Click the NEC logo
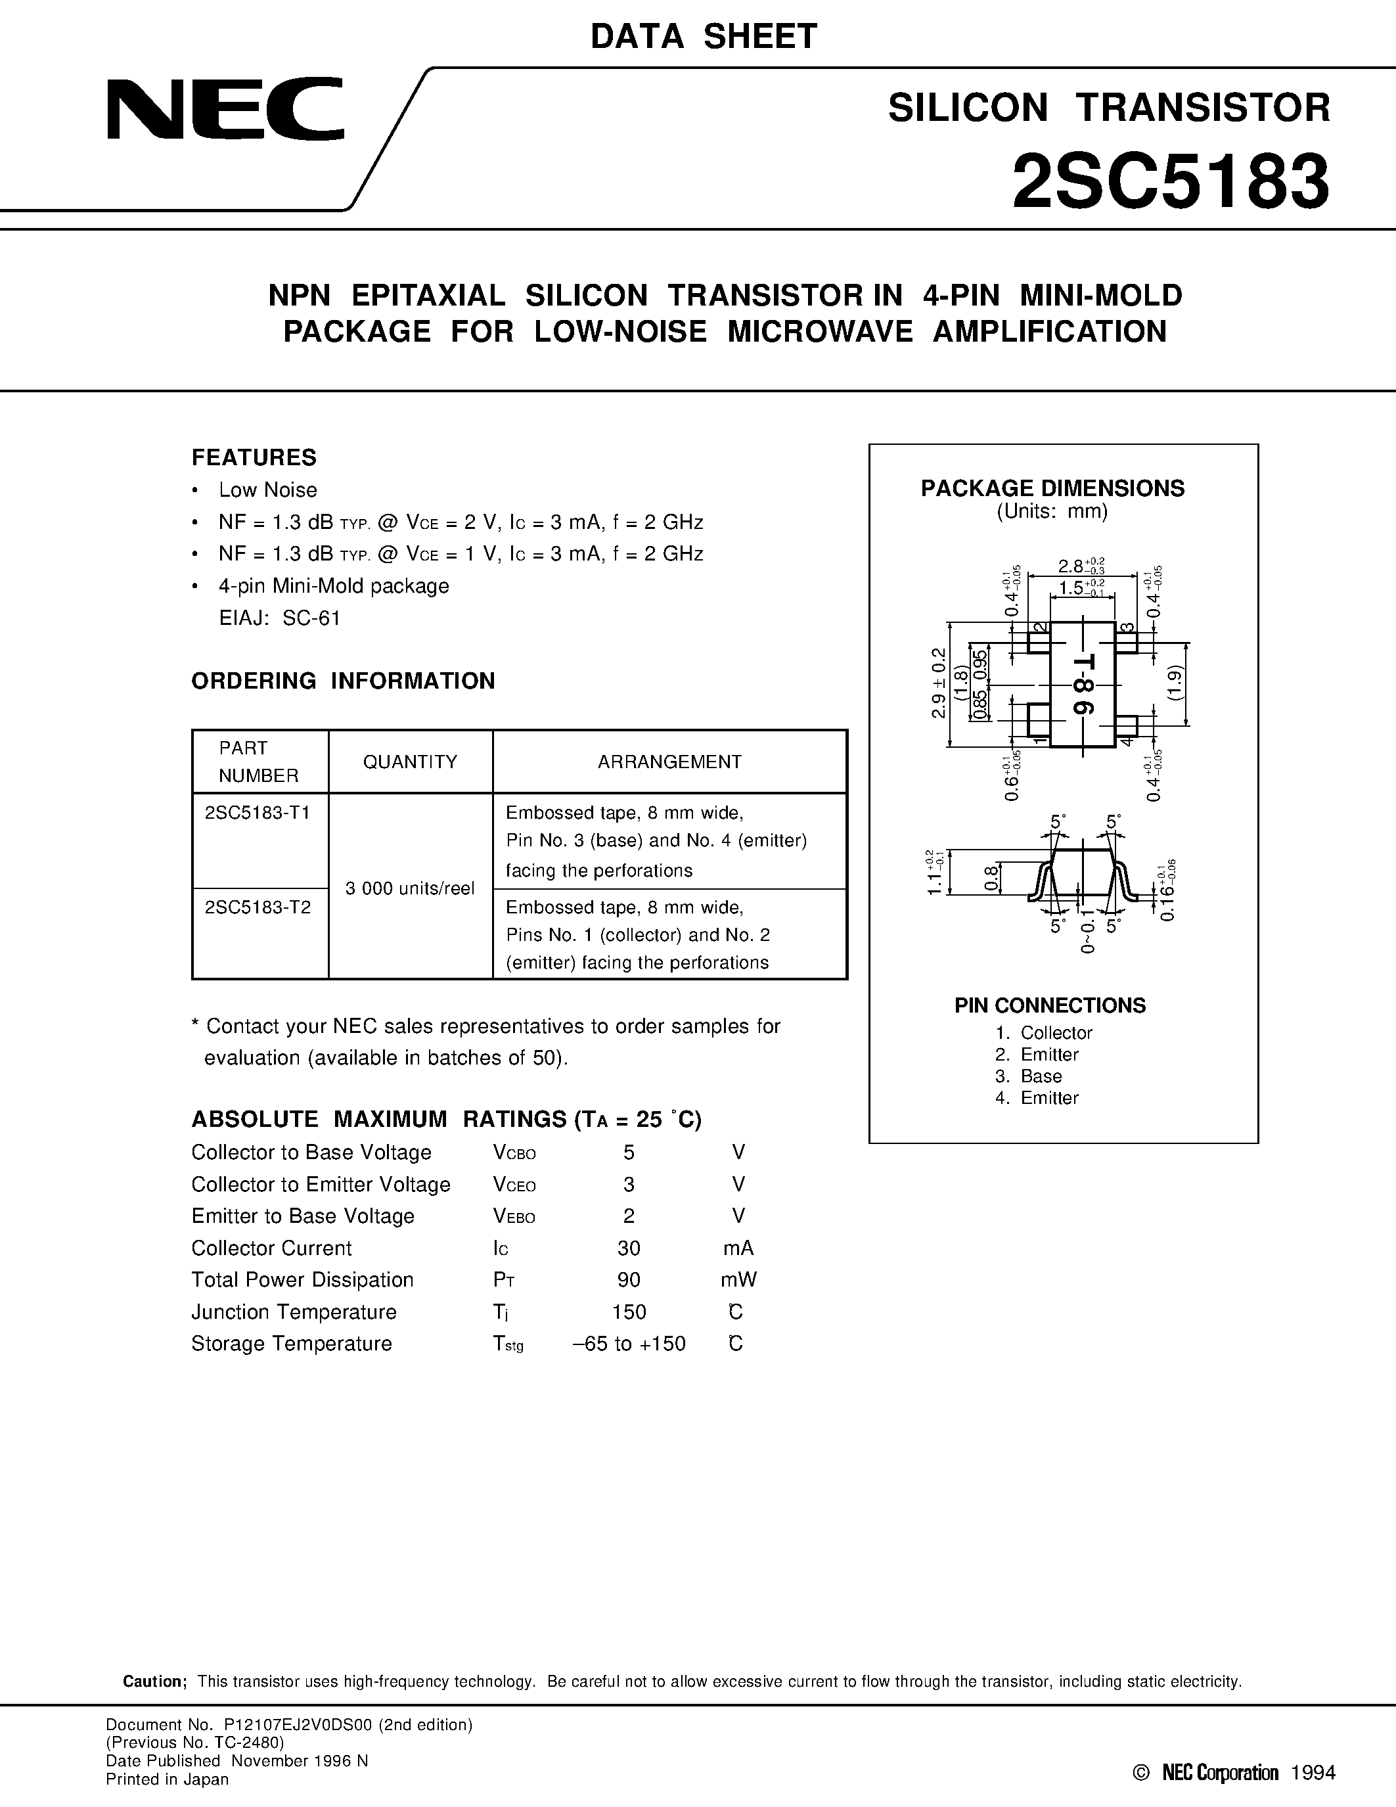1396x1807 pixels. pos(225,109)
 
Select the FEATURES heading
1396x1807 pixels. pos(254,457)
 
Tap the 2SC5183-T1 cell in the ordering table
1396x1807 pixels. pos(258,812)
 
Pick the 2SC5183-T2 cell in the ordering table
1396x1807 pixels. pos(258,907)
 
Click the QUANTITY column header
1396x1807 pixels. pos(410,762)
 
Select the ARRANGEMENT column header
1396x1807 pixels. pos(670,762)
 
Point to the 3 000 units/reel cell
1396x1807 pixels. pos(410,888)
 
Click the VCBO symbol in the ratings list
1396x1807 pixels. pos(514,1153)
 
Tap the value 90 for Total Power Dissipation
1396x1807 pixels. pos(629,1280)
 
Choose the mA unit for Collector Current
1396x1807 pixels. pos(738,1248)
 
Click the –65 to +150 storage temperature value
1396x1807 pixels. pos(629,1344)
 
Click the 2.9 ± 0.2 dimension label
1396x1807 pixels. pos(938,683)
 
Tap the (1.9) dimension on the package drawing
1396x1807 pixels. pos(1176,684)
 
